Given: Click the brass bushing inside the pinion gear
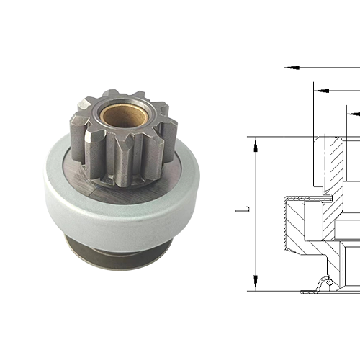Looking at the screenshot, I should point(123,114).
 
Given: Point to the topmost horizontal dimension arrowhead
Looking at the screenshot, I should point(289,68).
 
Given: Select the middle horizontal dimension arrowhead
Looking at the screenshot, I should point(319,91).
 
